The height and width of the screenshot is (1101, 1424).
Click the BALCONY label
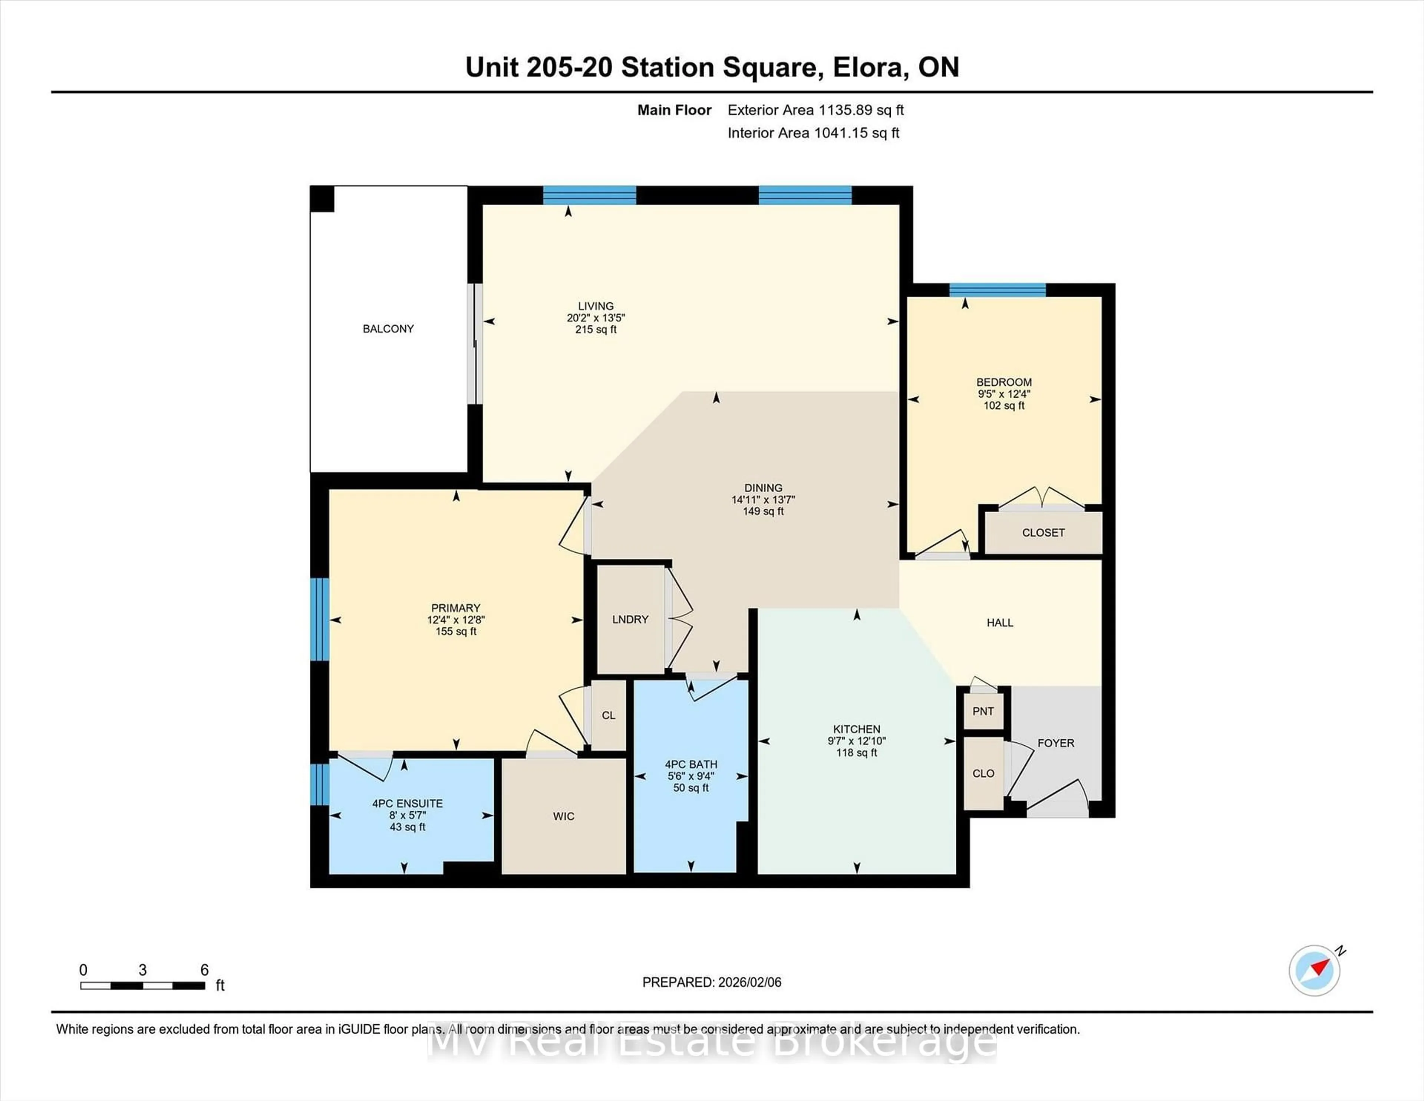click(x=388, y=329)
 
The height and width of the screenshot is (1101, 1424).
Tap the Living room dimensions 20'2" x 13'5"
click(x=595, y=318)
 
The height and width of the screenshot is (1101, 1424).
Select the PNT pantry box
click(x=983, y=711)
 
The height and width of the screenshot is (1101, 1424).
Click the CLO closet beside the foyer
click(x=983, y=773)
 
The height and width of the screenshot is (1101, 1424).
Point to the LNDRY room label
click(x=630, y=619)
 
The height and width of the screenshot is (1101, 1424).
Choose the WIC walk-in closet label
click(x=563, y=816)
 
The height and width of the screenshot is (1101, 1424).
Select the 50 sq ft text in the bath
click(x=690, y=788)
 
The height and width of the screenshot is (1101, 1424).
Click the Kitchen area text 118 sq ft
click(x=856, y=753)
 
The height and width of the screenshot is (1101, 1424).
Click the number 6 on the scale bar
click(x=204, y=970)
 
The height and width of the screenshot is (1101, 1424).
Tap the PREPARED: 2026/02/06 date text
click(x=711, y=982)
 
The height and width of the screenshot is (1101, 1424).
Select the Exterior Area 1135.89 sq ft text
click(x=815, y=110)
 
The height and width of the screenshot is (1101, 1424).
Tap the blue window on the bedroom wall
click(x=997, y=290)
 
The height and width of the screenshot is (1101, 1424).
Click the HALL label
click(x=999, y=623)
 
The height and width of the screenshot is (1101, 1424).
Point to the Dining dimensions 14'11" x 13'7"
click(x=763, y=500)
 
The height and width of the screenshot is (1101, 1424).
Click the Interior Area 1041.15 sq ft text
click(x=813, y=133)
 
